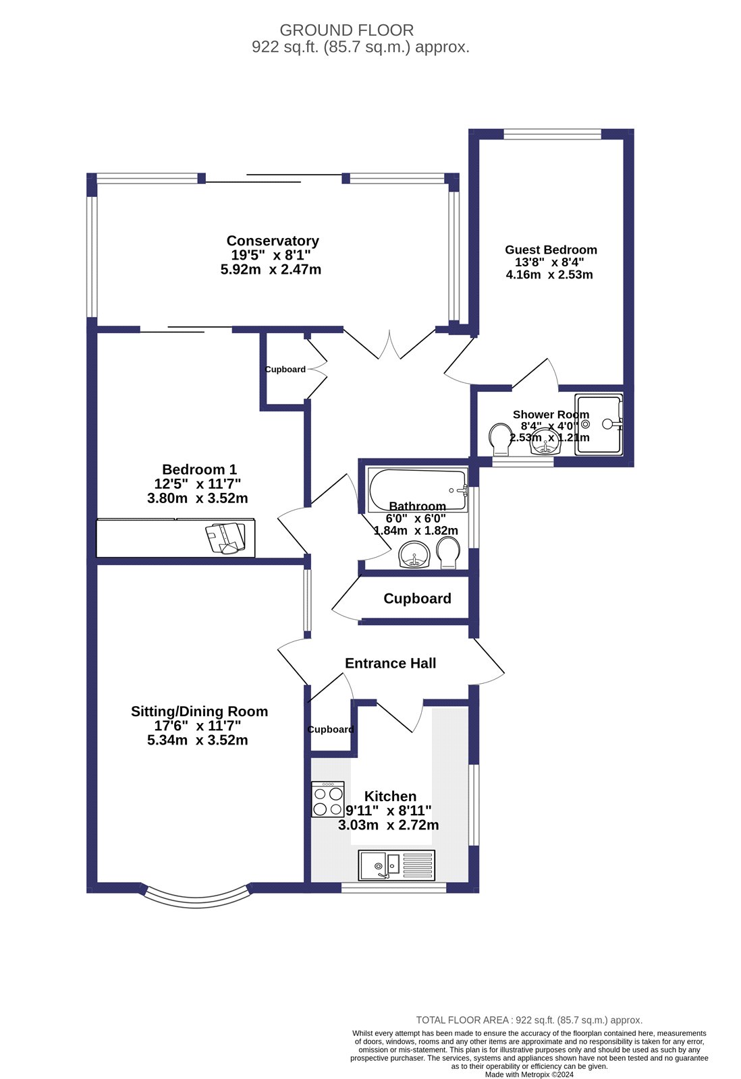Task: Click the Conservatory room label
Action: (273, 241)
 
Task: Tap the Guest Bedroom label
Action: (551, 250)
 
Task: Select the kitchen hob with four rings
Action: (328, 800)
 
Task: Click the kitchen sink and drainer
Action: (397, 865)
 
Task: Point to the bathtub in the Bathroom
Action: (417, 490)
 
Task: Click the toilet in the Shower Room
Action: (500, 439)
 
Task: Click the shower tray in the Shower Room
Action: (598, 424)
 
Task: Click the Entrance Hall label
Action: (390, 664)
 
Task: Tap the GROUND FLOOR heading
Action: (346, 30)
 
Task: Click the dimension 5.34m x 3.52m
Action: (198, 740)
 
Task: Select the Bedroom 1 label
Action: (199, 469)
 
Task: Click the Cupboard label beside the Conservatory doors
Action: (285, 370)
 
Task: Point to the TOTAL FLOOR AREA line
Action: (529, 1020)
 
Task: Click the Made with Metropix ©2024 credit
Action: (529, 1074)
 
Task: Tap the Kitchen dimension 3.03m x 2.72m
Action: (389, 825)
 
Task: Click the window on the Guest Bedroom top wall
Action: (552, 134)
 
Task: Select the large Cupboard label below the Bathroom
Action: (417, 599)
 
